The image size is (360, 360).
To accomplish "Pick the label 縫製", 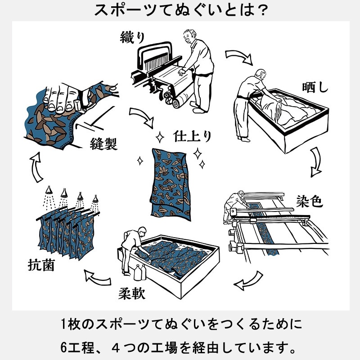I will point(103,144).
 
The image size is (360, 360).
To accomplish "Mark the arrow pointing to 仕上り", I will point(142,118).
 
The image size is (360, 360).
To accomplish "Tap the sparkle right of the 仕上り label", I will point(198,153).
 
